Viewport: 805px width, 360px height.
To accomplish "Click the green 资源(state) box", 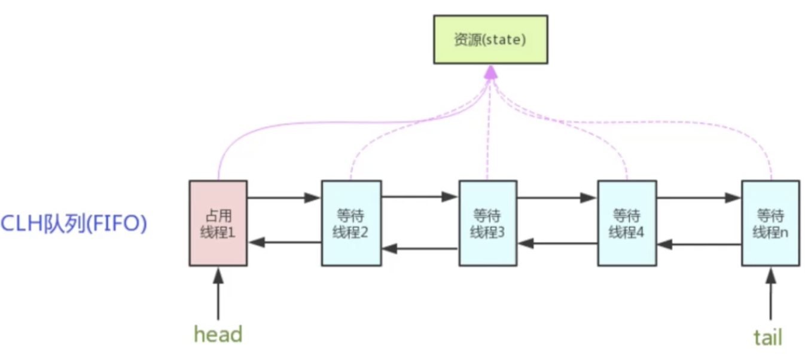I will pyautogui.click(x=490, y=39).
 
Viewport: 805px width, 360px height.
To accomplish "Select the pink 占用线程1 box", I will pyautogui.click(x=218, y=223).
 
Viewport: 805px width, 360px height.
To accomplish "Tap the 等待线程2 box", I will pyautogui.click(x=351, y=223).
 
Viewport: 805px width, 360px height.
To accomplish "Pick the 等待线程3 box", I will pyautogui.click(x=487, y=223).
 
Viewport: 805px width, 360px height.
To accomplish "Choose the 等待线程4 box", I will pyautogui.click(x=627, y=223).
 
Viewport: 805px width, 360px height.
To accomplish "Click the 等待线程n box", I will pyautogui.click(x=770, y=223).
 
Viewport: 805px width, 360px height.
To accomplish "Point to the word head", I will pyautogui.click(x=218, y=334).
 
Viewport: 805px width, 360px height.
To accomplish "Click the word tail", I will pyautogui.click(x=768, y=337).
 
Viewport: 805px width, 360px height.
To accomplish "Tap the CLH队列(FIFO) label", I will pyautogui.click(x=74, y=224).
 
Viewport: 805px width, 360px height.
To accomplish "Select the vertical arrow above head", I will pyautogui.click(x=218, y=294).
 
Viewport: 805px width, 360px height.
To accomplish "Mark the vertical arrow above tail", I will pyautogui.click(x=770, y=294).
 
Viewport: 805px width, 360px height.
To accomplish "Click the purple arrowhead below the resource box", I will pyautogui.click(x=490, y=72).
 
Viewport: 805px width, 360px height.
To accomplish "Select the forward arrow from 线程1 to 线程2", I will pyautogui.click(x=284, y=197).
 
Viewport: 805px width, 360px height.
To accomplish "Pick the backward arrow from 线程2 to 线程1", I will pyautogui.click(x=284, y=242).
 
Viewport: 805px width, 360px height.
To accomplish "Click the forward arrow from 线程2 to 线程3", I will pyautogui.click(x=420, y=197).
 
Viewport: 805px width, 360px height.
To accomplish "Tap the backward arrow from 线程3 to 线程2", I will pyautogui.click(x=420, y=248).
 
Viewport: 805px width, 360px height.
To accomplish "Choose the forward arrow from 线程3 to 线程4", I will pyautogui.click(x=557, y=197).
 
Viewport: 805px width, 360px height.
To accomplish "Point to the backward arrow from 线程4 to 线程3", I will pyautogui.click(x=557, y=243).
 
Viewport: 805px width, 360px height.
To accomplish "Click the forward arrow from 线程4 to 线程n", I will pyautogui.click(x=699, y=197).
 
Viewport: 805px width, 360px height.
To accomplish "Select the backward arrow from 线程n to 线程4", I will pyautogui.click(x=699, y=244).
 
